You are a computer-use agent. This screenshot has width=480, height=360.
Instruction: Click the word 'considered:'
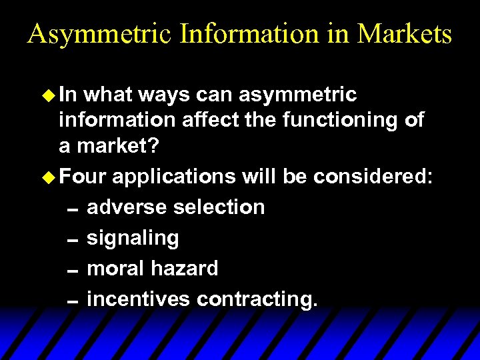pos(373,177)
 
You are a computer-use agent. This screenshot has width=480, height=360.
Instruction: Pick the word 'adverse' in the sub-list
pos(127,207)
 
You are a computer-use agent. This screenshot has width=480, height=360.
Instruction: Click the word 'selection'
pos(218,207)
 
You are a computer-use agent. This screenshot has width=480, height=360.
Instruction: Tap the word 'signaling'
pos(133,238)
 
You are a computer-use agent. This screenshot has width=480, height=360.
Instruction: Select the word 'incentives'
pos(138,299)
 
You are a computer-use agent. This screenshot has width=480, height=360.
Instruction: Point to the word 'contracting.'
pos(257,299)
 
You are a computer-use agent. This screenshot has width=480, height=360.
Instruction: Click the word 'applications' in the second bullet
pos(173,177)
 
